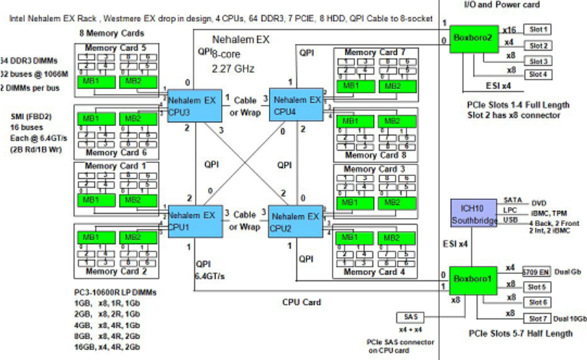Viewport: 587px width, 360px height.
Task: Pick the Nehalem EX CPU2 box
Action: [294, 221]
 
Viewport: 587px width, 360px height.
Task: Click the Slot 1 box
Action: [538, 30]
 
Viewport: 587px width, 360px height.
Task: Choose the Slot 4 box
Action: [538, 74]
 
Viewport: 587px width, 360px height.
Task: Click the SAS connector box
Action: [411, 317]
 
